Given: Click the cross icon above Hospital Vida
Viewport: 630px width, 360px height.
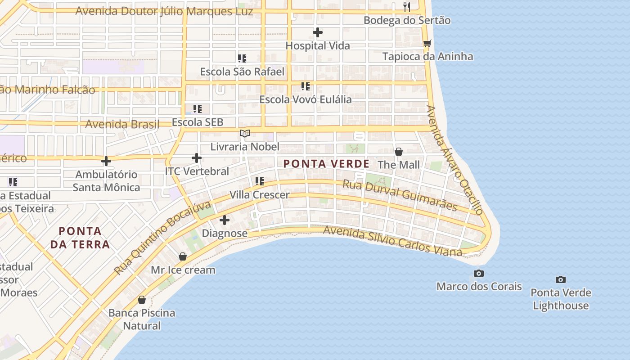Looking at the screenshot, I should pyautogui.click(x=318, y=32).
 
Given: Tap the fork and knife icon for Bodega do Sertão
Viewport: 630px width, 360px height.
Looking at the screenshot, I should pyautogui.click(x=407, y=7).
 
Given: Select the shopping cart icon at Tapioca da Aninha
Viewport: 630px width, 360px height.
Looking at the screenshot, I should pyautogui.click(x=427, y=43).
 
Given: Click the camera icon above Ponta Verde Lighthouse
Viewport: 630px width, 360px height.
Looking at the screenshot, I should pyautogui.click(x=560, y=279).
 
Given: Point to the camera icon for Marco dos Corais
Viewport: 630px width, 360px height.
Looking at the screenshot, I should pyautogui.click(x=479, y=273).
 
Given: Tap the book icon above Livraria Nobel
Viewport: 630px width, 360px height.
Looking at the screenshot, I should pyautogui.click(x=245, y=133).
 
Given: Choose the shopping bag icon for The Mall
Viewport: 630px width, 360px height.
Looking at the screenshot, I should pyautogui.click(x=398, y=152).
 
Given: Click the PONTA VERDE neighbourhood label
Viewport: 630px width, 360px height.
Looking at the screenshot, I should pyautogui.click(x=326, y=164).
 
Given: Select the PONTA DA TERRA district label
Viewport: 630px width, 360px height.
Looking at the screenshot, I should pyautogui.click(x=80, y=238).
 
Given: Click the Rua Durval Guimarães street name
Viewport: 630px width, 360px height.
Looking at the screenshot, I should pyautogui.click(x=400, y=195).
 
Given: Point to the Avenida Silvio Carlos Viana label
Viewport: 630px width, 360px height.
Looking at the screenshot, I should pyautogui.click(x=392, y=241).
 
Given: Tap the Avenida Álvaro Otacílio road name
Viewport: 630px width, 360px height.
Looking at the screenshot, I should pyautogui.click(x=454, y=160).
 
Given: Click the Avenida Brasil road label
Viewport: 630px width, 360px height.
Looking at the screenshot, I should pyautogui.click(x=122, y=124).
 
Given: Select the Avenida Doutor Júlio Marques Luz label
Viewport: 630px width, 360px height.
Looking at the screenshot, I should pyautogui.click(x=164, y=11).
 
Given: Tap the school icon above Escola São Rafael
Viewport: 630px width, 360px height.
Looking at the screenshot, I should pyautogui.click(x=242, y=58).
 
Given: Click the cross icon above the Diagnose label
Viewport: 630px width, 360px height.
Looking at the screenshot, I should pyautogui.click(x=225, y=220).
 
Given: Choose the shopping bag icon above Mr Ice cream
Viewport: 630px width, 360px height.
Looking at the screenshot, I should pyautogui.click(x=183, y=256).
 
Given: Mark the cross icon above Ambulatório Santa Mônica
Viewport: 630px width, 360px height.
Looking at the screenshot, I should pyautogui.click(x=106, y=161).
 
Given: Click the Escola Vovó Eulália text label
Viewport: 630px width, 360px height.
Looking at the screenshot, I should pyautogui.click(x=305, y=99).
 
